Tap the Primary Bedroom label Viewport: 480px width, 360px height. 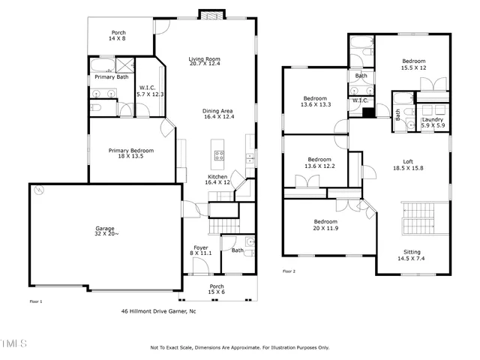click(125, 153)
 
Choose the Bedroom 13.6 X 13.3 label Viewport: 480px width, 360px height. click(315, 101)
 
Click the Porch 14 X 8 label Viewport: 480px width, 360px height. click(118, 35)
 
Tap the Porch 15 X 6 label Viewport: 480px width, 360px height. click(217, 289)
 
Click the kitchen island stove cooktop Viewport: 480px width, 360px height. click(220, 156)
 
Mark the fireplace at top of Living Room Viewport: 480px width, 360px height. click(208, 14)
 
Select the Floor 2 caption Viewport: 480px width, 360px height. click(289, 271)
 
